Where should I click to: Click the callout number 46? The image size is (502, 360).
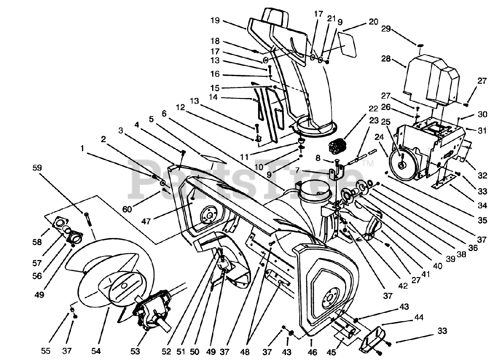[312, 352]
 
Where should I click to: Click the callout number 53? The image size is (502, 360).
[135, 351]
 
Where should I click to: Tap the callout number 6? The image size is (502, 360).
[164, 113]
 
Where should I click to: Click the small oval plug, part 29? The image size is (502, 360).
[419, 45]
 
